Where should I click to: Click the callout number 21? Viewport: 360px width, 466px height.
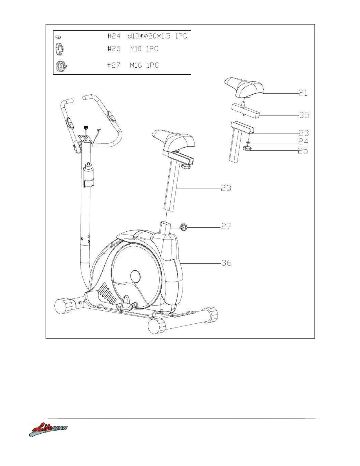[303, 93]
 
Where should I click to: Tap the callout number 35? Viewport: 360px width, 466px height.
[304, 115]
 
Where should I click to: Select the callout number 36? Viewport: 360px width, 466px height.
[226, 263]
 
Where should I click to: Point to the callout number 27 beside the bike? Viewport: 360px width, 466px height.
[226, 226]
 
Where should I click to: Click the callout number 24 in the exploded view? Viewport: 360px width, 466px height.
[303, 142]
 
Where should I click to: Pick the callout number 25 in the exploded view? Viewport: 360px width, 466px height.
[303, 151]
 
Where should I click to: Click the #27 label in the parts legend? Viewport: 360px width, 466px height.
[114, 65]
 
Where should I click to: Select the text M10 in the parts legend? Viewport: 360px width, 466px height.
[136, 49]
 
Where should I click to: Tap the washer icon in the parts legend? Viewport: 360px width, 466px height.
[58, 37]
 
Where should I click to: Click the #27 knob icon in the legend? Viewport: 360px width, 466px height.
[61, 66]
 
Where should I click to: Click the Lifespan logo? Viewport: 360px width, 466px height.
[48, 430]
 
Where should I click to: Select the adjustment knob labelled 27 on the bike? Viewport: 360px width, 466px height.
[184, 227]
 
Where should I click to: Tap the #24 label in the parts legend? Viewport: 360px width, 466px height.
[114, 36]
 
